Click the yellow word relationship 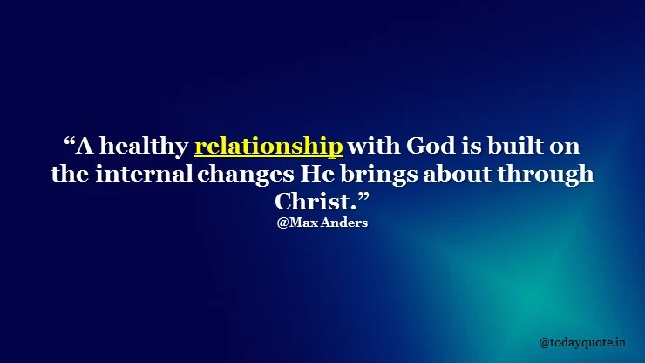point(268,147)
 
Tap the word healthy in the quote point(144,147)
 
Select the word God point(431,146)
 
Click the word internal point(145,174)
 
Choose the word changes point(246,175)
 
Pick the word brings point(378,175)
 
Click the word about point(458,174)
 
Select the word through point(546,175)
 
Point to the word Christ point(313,202)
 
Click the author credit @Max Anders point(322,223)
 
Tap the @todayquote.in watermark point(582,342)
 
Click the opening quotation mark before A point(70,141)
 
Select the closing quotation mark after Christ point(363,197)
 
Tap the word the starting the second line point(70,174)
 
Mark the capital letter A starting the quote point(85,146)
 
